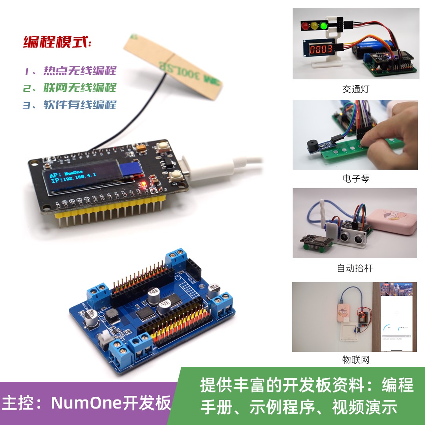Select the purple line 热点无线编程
pos(70,71)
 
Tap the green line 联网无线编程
pos(70,88)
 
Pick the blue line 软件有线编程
pos(70,105)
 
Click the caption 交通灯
pos(355,89)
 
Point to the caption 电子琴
pos(356,179)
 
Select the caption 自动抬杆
pos(355,268)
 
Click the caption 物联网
pos(355,359)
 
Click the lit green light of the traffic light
pos(324,26)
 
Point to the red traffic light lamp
pos(305,26)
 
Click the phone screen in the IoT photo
pos(398,318)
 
